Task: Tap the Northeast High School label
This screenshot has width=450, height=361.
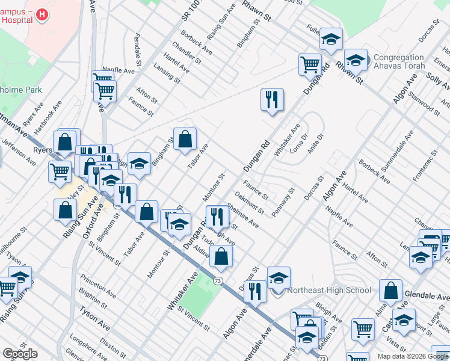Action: point(329,290)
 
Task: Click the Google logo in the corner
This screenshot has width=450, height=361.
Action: point(20,354)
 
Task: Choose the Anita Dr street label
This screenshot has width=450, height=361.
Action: point(315,144)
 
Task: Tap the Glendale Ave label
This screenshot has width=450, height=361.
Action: point(432,296)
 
